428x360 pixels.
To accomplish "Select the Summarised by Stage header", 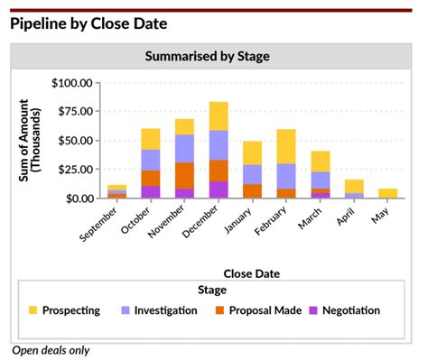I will [207, 56].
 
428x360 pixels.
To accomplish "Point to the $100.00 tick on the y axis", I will [72, 83].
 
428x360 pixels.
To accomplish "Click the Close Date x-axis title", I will [251, 272].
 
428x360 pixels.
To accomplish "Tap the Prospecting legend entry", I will [64, 310].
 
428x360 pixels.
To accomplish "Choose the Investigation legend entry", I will [158, 310].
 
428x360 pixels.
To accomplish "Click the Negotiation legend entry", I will [343, 310].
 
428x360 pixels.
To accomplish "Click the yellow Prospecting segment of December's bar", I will [219, 115].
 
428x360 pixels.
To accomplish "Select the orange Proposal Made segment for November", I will [184, 175].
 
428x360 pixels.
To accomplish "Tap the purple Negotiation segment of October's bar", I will [151, 192].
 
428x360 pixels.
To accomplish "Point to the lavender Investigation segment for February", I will [286, 176].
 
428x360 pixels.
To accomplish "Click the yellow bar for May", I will [387, 193].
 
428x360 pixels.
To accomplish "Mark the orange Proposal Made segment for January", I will [252, 191].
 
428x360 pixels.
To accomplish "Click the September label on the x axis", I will [100, 223].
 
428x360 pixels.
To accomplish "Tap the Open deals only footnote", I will [51, 350].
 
